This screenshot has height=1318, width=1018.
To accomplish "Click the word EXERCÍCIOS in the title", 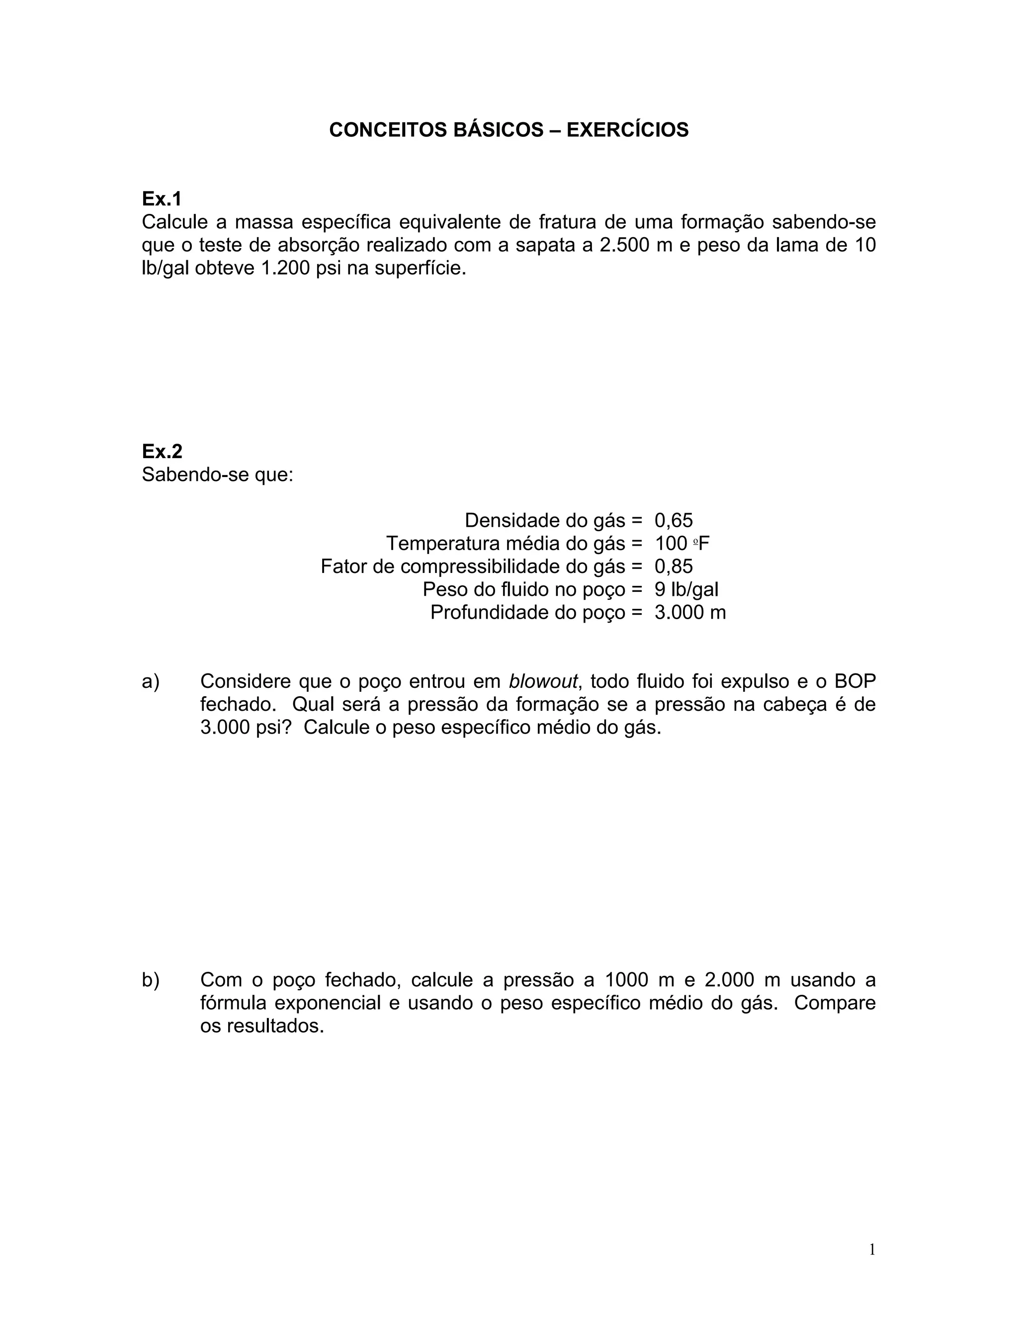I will (627, 130).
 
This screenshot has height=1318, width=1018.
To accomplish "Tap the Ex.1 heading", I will (161, 198).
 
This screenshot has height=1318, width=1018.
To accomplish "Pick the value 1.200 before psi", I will (282, 269).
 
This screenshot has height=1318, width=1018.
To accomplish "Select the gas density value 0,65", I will (674, 520).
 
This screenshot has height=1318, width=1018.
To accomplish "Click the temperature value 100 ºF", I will (682, 544).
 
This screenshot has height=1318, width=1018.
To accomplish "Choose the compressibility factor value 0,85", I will (674, 566).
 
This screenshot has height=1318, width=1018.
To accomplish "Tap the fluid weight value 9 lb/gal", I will (686, 589).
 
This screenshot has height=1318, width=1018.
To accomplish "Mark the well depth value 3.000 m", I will (690, 613).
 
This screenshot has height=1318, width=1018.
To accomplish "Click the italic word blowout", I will (543, 681).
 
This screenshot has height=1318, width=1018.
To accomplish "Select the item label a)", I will (150, 681).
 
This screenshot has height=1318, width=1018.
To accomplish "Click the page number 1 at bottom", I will (871, 1249).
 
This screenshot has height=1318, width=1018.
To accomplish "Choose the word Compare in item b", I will (835, 1003).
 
